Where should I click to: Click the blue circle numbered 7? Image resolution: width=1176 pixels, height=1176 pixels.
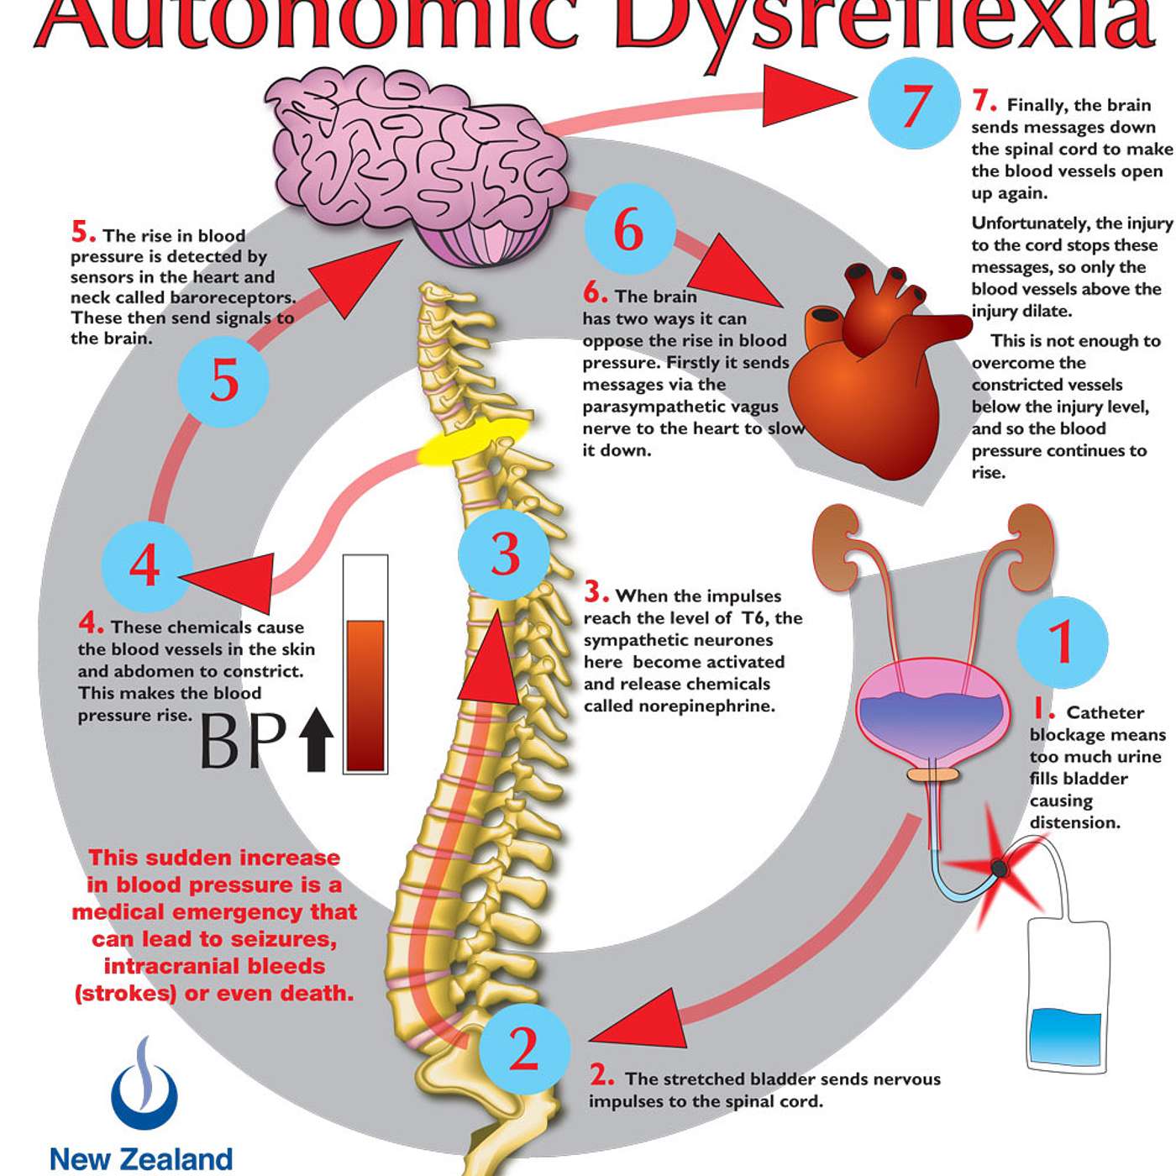pyautogui.click(x=914, y=104)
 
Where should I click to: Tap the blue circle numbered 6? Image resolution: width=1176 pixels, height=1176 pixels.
pyautogui.click(x=629, y=228)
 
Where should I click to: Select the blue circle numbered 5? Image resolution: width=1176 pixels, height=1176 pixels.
pyautogui.click(x=223, y=381)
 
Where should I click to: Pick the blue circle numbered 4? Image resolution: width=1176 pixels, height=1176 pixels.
pyautogui.click(x=145, y=565)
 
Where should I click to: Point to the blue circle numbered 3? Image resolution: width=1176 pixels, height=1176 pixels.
pyautogui.click(x=504, y=554)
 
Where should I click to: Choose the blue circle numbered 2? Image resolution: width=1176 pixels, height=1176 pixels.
pyautogui.click(x=524, y=1049)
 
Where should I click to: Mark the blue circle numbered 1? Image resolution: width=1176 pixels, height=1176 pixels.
pyautogui.click(x=1062, y=642)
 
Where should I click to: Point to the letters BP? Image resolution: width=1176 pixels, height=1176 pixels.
pyautogui.click(x=243, y=740)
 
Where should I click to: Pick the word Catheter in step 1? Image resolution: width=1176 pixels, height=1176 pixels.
pyautogui.click(x=1105, y=713)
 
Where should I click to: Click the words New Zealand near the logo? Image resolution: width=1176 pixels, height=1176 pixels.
pyautogui.click(x=141, y=1159)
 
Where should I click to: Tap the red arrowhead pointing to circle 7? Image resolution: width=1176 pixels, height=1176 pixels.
pyautogui.click(x=806, y=96)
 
